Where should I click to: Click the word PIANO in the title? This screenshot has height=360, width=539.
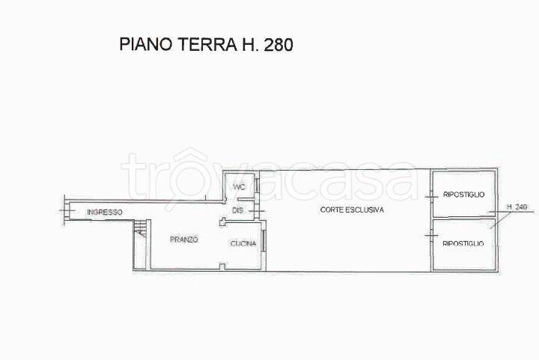point(145,45)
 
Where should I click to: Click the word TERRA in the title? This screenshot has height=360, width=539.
point(207,45)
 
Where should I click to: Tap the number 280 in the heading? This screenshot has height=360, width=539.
point(278,45)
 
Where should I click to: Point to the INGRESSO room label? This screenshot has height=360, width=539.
point(105,212)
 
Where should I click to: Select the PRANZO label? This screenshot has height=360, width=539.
point(184,240)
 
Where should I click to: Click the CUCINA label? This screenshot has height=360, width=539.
point(243,243)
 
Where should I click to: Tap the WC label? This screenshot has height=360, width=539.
point(239,187)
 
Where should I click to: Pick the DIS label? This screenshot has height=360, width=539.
point(238,210)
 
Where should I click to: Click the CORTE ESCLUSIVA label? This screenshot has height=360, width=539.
point(352,210)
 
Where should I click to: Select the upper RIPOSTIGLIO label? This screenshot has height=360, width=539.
point(463,195)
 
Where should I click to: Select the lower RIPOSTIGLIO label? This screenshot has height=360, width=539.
point(463,243)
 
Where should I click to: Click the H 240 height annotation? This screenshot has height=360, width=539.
point(517,207)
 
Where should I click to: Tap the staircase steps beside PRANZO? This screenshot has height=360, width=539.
point(140,228)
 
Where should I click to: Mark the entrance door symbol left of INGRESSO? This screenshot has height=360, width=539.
point(67,210)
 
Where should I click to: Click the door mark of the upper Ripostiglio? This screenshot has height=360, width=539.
point(431,197)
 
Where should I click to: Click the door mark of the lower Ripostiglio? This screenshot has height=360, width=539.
point(431,235)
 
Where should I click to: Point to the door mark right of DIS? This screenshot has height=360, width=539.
point(257,211)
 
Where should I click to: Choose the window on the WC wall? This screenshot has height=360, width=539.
point(257,186)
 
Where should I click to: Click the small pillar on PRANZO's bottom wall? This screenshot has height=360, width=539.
point(222,266)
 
